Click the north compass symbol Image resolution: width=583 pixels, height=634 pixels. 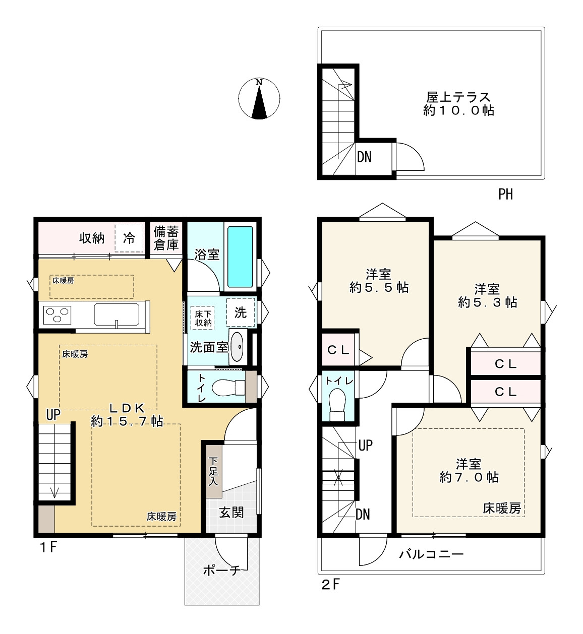[259, 98]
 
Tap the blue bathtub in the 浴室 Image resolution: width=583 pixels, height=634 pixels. [240, 257]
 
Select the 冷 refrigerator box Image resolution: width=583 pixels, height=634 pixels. [129, 238]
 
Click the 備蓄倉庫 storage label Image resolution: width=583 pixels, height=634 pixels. [166, 238]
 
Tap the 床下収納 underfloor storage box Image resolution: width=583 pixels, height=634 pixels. [203, 318]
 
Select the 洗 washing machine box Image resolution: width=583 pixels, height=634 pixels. [241, 312]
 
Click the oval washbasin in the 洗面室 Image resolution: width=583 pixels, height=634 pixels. [237, 346]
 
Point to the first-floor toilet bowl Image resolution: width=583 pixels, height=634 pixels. [228, 388]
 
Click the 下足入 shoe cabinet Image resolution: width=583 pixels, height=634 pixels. [213, 472]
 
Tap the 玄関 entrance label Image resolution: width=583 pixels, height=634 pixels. [231, 513]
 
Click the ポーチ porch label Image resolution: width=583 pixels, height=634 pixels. [222, 570]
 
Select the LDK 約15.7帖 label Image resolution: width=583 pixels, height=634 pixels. [127, 415]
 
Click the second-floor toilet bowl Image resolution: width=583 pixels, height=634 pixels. [337, 405]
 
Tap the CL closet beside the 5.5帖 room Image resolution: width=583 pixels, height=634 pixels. [338, 350]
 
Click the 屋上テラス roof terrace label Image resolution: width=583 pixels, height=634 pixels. [458, 104]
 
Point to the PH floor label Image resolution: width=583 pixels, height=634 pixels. [505, 194]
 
